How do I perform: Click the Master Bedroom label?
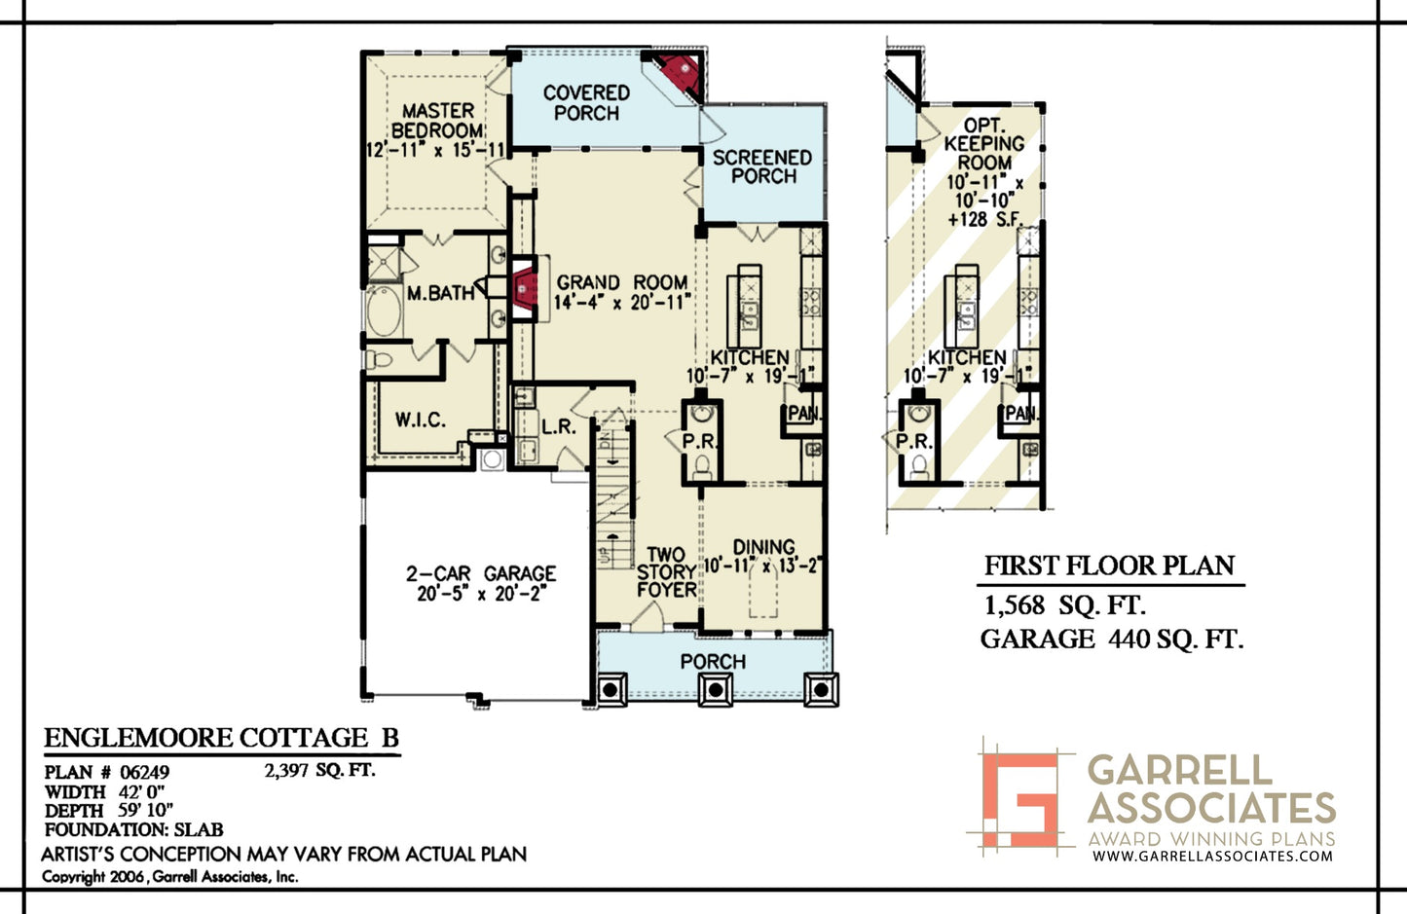(437, 120)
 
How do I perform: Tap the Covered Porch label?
(587, 103)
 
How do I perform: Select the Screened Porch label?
(762, 166)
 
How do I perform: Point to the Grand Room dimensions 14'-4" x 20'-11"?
(622, 303)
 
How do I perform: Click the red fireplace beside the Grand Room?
(524, 288)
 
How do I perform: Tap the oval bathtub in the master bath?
(385, 311)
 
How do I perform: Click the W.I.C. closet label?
(421, 420)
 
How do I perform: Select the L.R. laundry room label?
(558, 427)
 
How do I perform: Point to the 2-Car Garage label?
(480, 573)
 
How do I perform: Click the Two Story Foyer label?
(666, 572)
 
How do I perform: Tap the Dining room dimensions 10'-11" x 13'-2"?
(762, 565)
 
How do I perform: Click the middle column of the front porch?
(715, 689)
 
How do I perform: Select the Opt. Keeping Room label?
(984, 143)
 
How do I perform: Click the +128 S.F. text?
(985, 220)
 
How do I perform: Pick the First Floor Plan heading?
(1109, 566)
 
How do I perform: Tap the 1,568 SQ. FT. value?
(1064, 605)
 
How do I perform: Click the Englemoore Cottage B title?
(222, 738)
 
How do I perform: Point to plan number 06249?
(144, 772)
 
